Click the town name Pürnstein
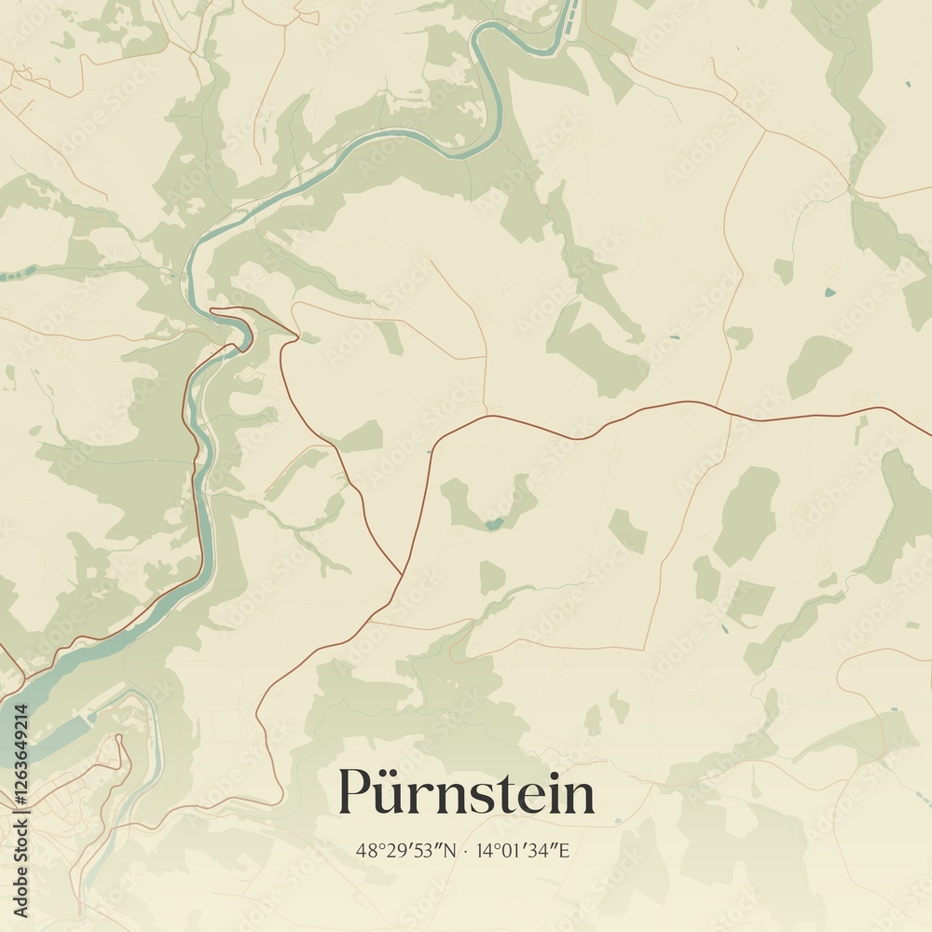click(x=466, y=793)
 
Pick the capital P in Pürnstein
click(x=354, y=793)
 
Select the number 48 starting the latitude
click(x=364, y=851)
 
